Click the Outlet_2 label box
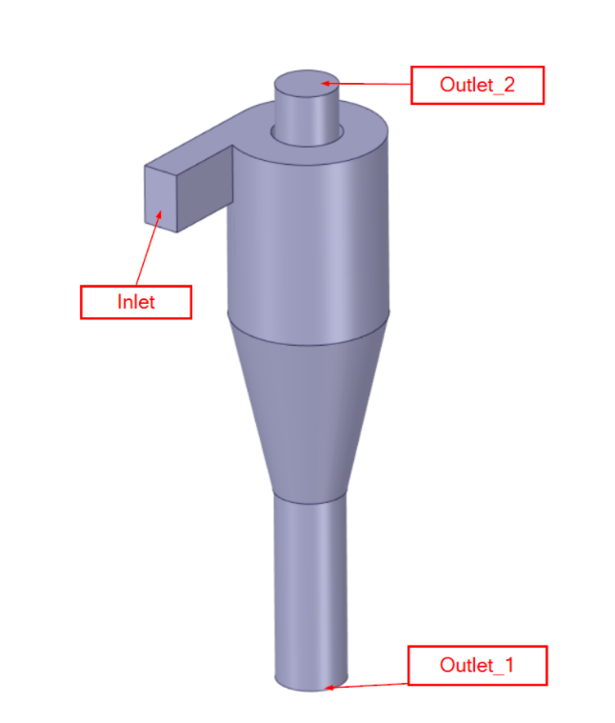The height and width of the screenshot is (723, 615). tap(477, 85)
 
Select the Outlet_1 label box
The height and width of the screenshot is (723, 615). tap(477, 665)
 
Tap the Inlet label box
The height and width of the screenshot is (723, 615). tap(136, 302)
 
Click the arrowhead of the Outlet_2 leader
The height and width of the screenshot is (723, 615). tap(325, 84)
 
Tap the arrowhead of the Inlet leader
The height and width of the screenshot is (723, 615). tap(161, 212)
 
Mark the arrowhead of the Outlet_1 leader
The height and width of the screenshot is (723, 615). tap(328, 686)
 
